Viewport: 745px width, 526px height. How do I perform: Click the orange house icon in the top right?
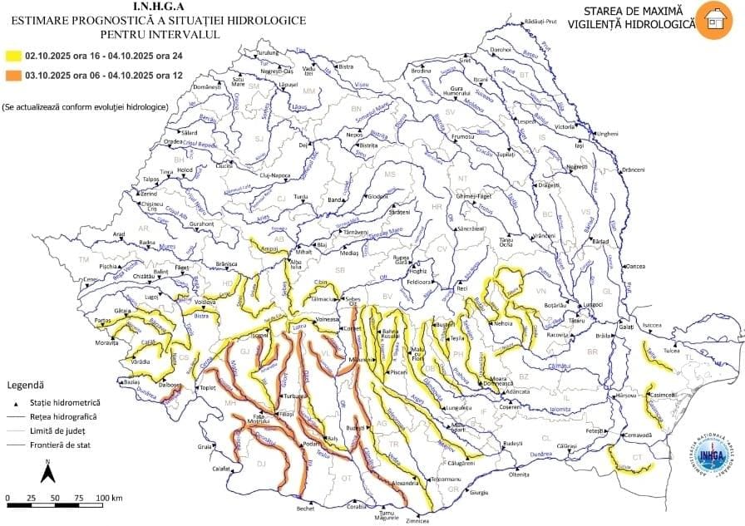715,20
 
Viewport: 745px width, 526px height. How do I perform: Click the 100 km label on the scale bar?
109,498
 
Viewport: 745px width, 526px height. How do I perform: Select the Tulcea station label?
671,351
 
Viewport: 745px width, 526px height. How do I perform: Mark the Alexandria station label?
405,483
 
